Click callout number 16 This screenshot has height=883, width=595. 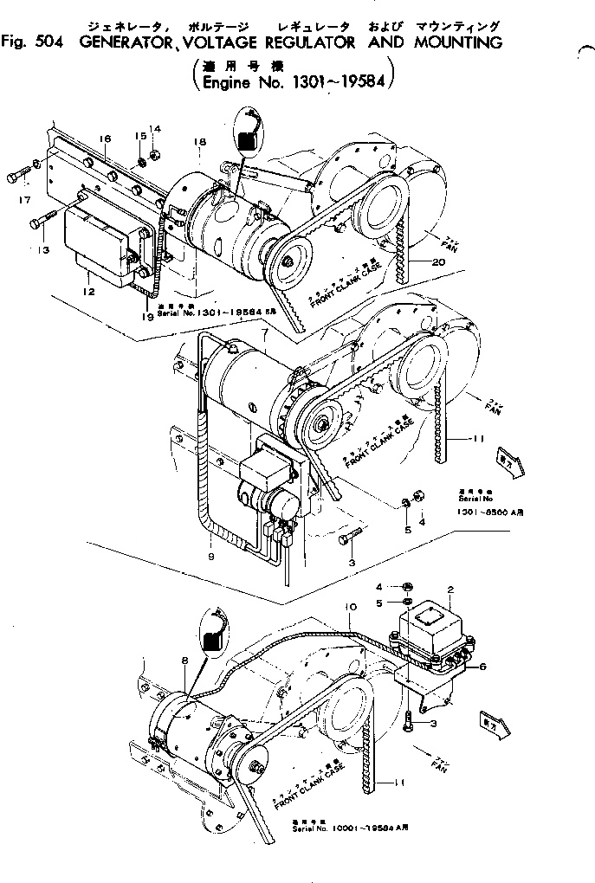[x=105, y=139]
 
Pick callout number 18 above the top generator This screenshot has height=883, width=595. [x=199, y=141]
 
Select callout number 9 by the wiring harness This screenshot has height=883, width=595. [x=210, y=556]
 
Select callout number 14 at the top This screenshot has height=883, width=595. [x=155, y=130]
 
